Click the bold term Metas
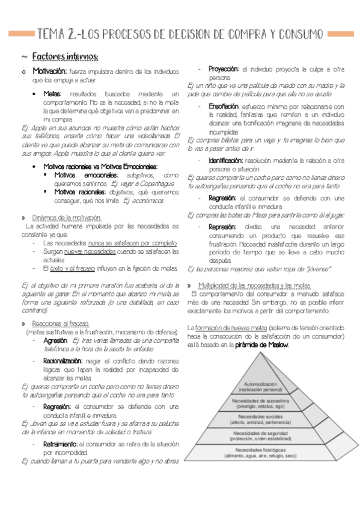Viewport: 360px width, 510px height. point(52,94)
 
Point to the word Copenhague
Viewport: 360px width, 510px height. point(154,183)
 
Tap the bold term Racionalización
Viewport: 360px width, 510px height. point(64,360)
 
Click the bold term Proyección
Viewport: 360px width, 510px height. point(224,69)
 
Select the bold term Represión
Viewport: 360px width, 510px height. point(222,227)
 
